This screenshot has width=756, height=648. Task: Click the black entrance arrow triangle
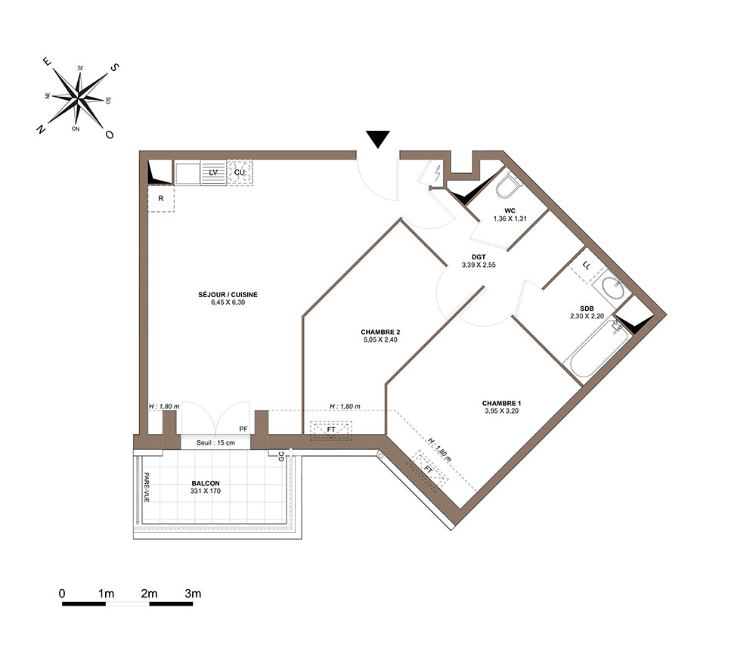(377, 139)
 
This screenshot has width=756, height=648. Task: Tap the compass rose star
(79, 97)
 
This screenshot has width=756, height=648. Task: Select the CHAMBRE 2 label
(380, 332)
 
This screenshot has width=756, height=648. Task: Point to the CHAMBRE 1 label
(501, 404)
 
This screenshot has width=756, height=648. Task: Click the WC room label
(510, 211)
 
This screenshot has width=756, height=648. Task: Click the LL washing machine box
(587, 265)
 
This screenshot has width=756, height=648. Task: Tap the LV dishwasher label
(213, 172)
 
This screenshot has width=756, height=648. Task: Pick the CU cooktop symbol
(240, 172)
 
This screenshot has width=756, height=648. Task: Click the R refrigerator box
(161, 198)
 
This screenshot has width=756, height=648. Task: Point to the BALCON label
(206, 484)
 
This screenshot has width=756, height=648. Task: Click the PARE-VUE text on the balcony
(146, 487)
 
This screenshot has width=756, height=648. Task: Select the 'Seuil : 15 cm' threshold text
(215, 442)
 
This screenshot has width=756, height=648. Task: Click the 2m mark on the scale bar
(149, 594)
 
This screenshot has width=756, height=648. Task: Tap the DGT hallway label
(479, 258)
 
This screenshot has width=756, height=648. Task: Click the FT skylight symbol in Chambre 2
(331, 430)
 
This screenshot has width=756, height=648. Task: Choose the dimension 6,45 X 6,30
(228, 302)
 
